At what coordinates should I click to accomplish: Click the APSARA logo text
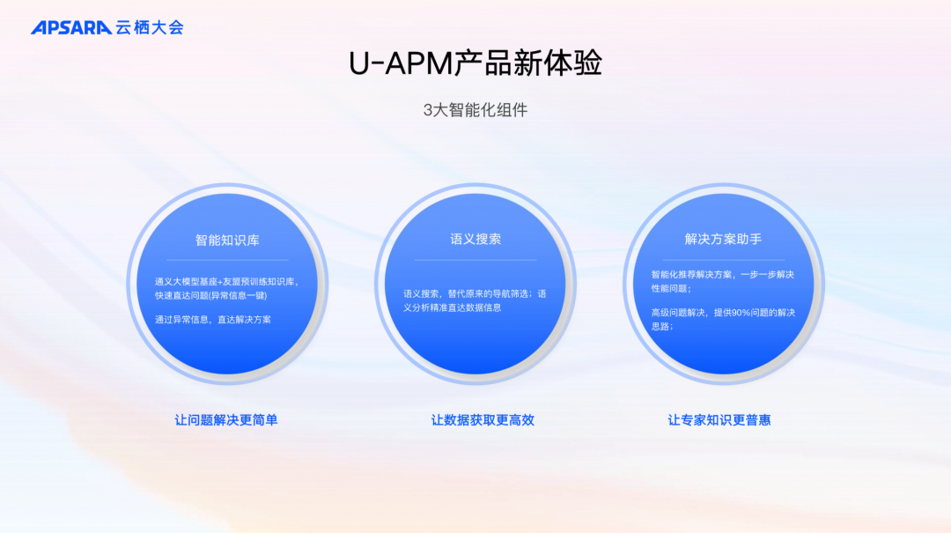(x=70, y=27)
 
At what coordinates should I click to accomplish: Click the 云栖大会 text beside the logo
(x=150, y=27)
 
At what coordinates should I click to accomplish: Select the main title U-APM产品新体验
(x=475, y=64)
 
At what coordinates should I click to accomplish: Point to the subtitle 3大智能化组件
(x=475, y=110)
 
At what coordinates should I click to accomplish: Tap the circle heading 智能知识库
(x=227, y=240)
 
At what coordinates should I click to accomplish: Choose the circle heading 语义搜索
(x=475, y=239)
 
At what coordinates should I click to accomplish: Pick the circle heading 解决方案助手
(x=724, y=239)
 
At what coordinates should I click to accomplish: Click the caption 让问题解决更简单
(x=226, y=420)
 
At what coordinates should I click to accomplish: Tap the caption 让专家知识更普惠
(x=719, y=420)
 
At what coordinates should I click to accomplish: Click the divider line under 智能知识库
(x=227, y=260)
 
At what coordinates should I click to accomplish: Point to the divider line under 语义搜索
(x=475, y=260)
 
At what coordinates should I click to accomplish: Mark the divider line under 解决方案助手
(x=724, y=260)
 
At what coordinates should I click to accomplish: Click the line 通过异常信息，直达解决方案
(x=213, y=320)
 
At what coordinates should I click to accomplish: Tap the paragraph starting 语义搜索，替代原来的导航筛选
(x=475, y=300)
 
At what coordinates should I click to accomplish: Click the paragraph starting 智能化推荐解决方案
(x=722, y=281)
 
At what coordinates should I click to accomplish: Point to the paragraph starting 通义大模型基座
(x=226, y=288)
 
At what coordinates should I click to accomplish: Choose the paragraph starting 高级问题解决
(x=722, y=319)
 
